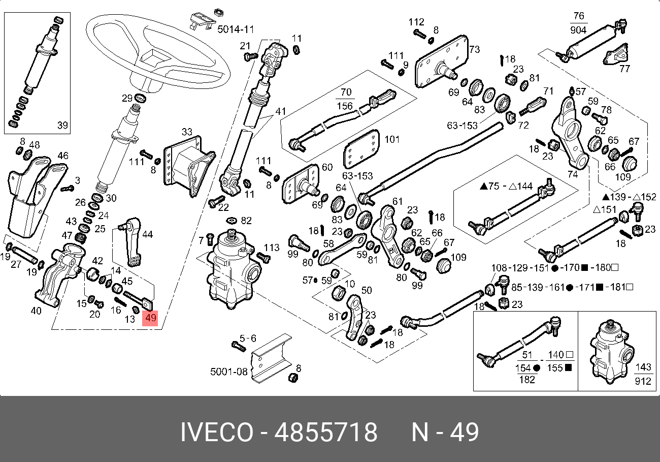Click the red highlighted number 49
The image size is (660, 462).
[151, 319]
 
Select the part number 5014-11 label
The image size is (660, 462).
[236, 29]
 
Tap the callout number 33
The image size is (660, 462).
[187, 132]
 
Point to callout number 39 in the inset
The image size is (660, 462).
[62, 125]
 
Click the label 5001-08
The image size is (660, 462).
[229, 372]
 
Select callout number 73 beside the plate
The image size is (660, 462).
[474, 49]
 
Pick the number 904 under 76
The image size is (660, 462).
[578, 30]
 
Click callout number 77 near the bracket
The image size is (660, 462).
[624, 68]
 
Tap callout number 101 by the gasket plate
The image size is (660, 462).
[392, 139]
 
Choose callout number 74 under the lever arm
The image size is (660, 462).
[573, 174]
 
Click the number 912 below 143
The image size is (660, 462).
[643, 380]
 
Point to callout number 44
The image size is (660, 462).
[147, 234]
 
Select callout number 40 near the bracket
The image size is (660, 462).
[36, 311]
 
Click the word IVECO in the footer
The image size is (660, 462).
[216, 433]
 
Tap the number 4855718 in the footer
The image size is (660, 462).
[326, 433]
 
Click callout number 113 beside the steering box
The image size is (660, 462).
[272, 248]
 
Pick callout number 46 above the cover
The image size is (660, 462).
[62, 156]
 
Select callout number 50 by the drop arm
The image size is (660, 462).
[367, 291]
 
